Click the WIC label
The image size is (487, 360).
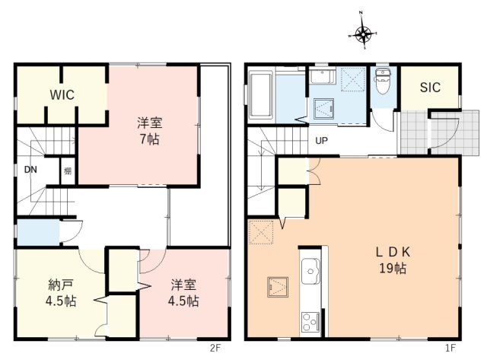[62, 95]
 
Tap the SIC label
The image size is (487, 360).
[430, 88]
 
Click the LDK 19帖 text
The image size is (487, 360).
[392, 260]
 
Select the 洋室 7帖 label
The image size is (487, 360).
[149, 130]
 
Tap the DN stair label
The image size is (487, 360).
[30, 170]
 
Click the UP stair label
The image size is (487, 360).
[322, 141]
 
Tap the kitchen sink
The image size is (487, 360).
[312, 270]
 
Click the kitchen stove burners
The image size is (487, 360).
[311, 322]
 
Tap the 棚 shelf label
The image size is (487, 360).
[68, 170]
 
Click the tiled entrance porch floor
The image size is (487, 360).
[414, 133]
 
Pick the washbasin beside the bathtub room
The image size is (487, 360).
[320, 78]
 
